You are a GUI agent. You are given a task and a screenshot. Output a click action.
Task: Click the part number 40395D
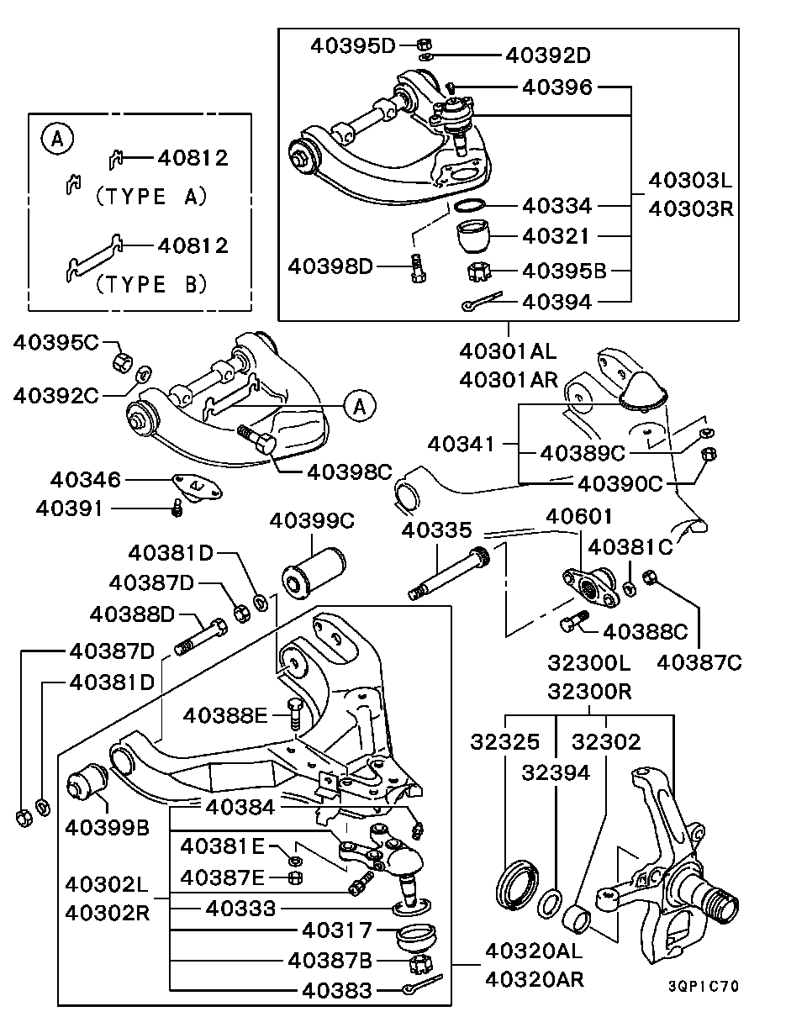coord(352,45)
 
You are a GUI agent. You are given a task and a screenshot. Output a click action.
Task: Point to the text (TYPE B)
coord(150,284)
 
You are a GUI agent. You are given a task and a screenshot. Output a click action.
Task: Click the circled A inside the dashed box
coord(57,139)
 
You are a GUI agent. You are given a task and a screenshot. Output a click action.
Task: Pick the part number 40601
coord(580,515)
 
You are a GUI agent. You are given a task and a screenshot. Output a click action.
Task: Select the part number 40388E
coord(225,715)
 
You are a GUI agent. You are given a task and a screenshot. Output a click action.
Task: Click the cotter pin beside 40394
coord(481,302)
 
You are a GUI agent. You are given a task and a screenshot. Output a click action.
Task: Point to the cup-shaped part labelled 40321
coord(476,236)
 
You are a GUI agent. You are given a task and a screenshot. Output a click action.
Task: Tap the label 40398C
coord(350,472)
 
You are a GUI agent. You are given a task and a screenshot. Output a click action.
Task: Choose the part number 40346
coord(86,480)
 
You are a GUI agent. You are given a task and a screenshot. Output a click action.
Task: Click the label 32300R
coord(588,692)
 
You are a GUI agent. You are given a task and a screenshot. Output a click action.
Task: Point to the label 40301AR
coord(509,380)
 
